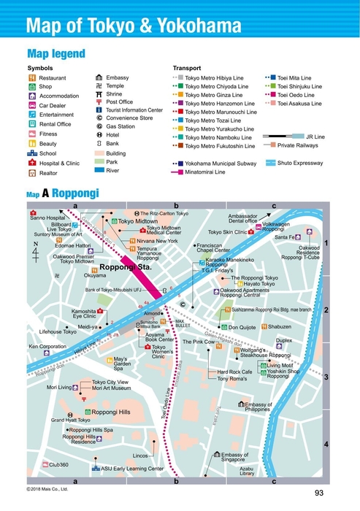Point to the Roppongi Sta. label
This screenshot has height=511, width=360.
pyautogui.click(x=124, y=269)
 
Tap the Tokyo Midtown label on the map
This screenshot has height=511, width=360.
pyautogui.click(x=137, y=220)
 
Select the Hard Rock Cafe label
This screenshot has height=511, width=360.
pyautogui.click(x=234, y=372)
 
